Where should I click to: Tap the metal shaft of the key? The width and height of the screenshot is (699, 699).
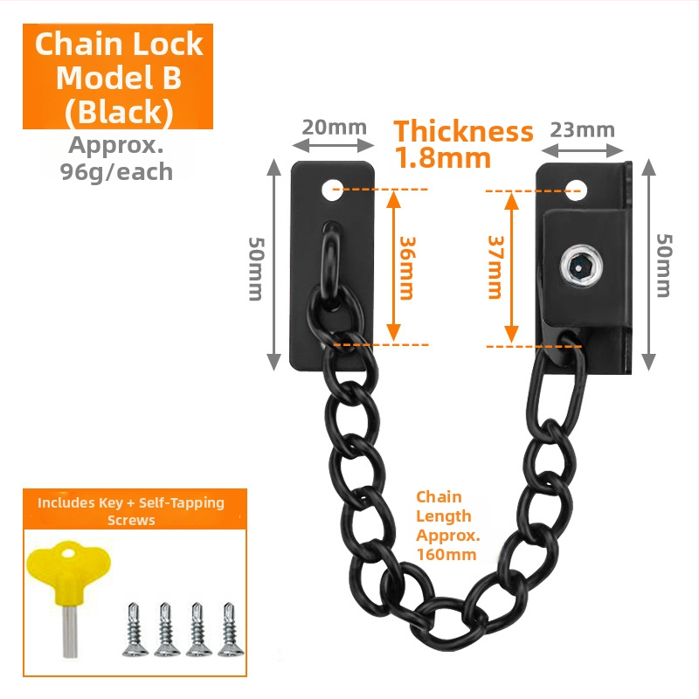70,631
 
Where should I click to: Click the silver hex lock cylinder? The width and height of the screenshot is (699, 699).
581,267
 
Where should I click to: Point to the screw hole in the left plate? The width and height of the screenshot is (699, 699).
333,190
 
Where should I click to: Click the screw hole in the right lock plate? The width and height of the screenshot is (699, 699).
576,190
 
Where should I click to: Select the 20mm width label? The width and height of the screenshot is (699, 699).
335,128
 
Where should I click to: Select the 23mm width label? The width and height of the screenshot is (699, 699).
582,130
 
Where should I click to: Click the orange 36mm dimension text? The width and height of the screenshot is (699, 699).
407,268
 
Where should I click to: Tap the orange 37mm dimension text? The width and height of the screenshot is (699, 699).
495,267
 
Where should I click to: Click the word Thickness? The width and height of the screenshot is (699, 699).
464,132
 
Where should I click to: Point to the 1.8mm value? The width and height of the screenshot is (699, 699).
443,158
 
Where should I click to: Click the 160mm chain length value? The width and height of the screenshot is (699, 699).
446,555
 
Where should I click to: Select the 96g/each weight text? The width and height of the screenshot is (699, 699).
116,172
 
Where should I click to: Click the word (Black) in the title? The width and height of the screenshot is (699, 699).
119,112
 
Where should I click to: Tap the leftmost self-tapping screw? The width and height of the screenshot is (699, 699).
135,629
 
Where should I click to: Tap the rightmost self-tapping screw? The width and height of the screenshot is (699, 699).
231,629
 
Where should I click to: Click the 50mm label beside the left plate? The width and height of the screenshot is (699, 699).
256,269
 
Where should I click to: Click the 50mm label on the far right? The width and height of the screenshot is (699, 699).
664,266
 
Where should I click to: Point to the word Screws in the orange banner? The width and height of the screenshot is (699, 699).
131,520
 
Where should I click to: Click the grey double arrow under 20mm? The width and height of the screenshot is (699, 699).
333,145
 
